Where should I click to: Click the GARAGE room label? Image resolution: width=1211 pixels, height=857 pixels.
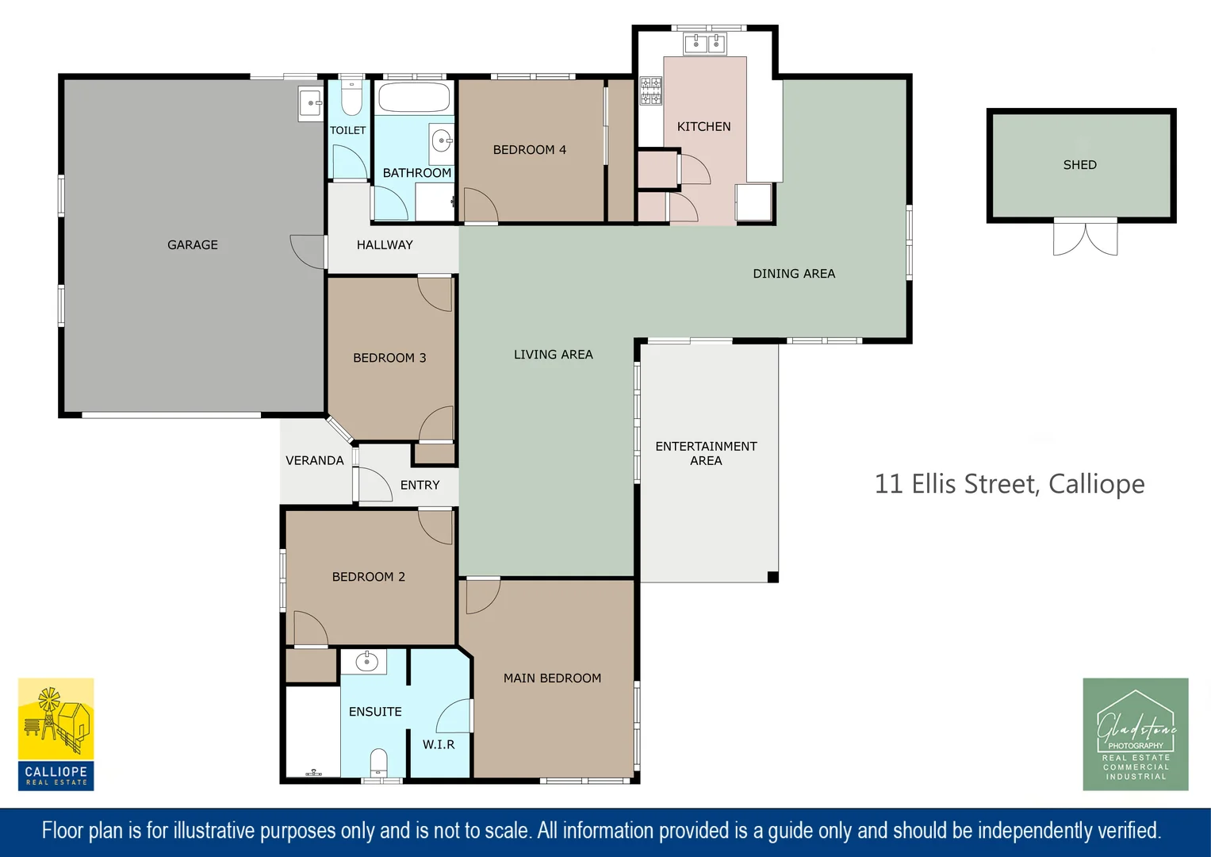[193, 245]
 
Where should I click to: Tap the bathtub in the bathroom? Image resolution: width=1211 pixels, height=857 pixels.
[414, 98]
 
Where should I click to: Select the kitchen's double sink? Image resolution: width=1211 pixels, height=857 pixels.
[705, 44]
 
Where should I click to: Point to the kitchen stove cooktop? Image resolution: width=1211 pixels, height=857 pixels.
[651, 90]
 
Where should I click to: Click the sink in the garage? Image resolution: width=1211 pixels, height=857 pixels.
[311, 103]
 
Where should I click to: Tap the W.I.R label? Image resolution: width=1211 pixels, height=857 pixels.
[439, 744]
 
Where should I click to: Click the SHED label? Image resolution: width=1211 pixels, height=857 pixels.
[1079, 165]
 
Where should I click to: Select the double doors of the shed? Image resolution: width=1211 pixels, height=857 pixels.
[1085, 237]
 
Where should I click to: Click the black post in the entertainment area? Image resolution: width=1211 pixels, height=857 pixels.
[773, 577]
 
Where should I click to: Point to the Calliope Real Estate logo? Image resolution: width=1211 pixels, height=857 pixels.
[56, 734]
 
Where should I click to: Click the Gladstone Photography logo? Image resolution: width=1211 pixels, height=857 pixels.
[1136, 734]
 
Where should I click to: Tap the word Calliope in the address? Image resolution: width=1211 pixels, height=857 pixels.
[1096, 484]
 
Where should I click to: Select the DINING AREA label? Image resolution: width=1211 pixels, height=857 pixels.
[794, 274]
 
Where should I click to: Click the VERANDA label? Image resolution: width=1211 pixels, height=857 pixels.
[315, 460]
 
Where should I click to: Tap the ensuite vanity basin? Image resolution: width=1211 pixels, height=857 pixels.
[366, 661]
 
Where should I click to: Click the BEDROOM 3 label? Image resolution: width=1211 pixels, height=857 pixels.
[389, 358]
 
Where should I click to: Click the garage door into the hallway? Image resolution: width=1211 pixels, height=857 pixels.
[308, 252]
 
